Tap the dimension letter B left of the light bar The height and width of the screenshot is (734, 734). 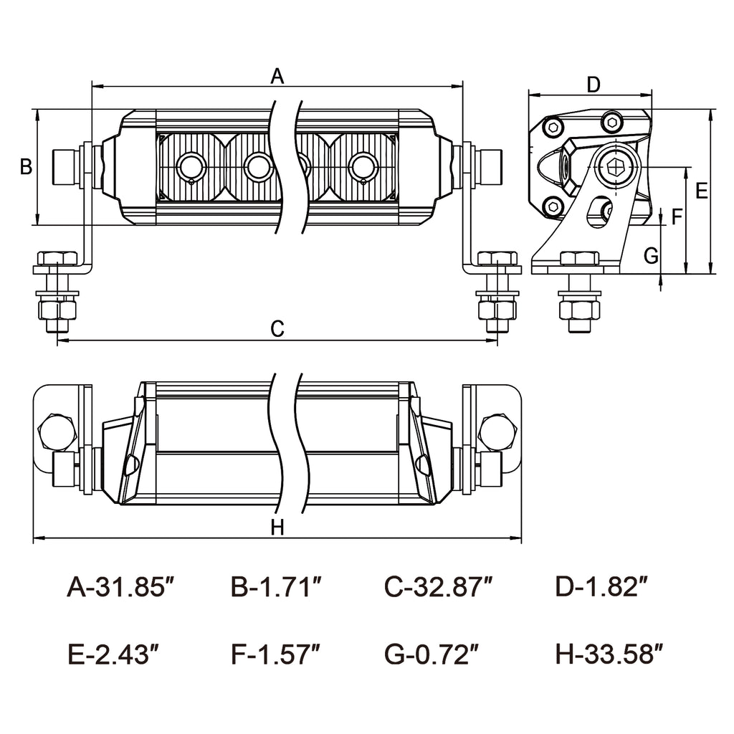coord(26,167)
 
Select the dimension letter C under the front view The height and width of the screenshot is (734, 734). coord(278,329)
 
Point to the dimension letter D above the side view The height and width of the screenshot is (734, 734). coord(593,85)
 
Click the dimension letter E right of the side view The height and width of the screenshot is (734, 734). coord(702,191)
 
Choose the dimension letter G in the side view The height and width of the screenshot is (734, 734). coord(651,255)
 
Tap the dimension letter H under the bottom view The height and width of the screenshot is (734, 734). coord(278,528)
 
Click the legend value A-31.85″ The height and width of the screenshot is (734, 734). coord(121,587)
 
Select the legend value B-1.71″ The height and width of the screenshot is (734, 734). coord(276,587)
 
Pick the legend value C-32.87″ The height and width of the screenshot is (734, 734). coord(439,587)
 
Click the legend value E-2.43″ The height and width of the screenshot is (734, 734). coord(113,654)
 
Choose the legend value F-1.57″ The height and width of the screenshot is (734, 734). coord(275,654)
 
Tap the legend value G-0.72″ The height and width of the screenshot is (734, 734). coord(432,654)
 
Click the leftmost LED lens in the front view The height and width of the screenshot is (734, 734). coord(191,167)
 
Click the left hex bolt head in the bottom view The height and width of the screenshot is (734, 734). coord(57,432)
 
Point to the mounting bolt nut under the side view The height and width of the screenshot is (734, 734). coord(579,310)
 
